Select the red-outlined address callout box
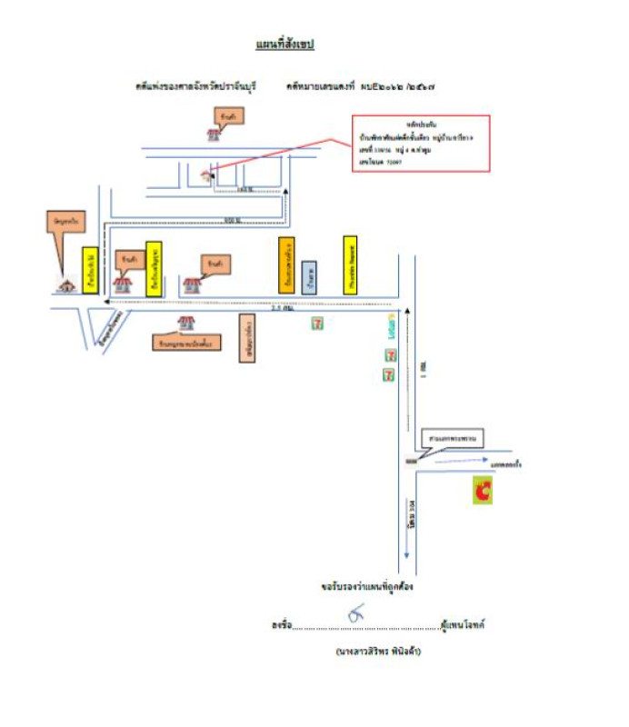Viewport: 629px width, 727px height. click(x=422, y=143)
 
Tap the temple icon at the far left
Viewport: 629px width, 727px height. click(x=66, y=284)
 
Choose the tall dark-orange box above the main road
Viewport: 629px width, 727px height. click(x=286, y=264)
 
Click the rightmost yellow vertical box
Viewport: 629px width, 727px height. click(x=350, y=264)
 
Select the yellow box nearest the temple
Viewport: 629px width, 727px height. click(x=90, y=271)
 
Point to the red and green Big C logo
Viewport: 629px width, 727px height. click(x=483, y=491)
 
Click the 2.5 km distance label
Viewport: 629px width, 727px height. click(x=281, y=310)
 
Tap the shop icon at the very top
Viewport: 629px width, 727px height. click(x=215, y=134)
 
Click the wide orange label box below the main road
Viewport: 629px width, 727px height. click(x=187, y=343)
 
